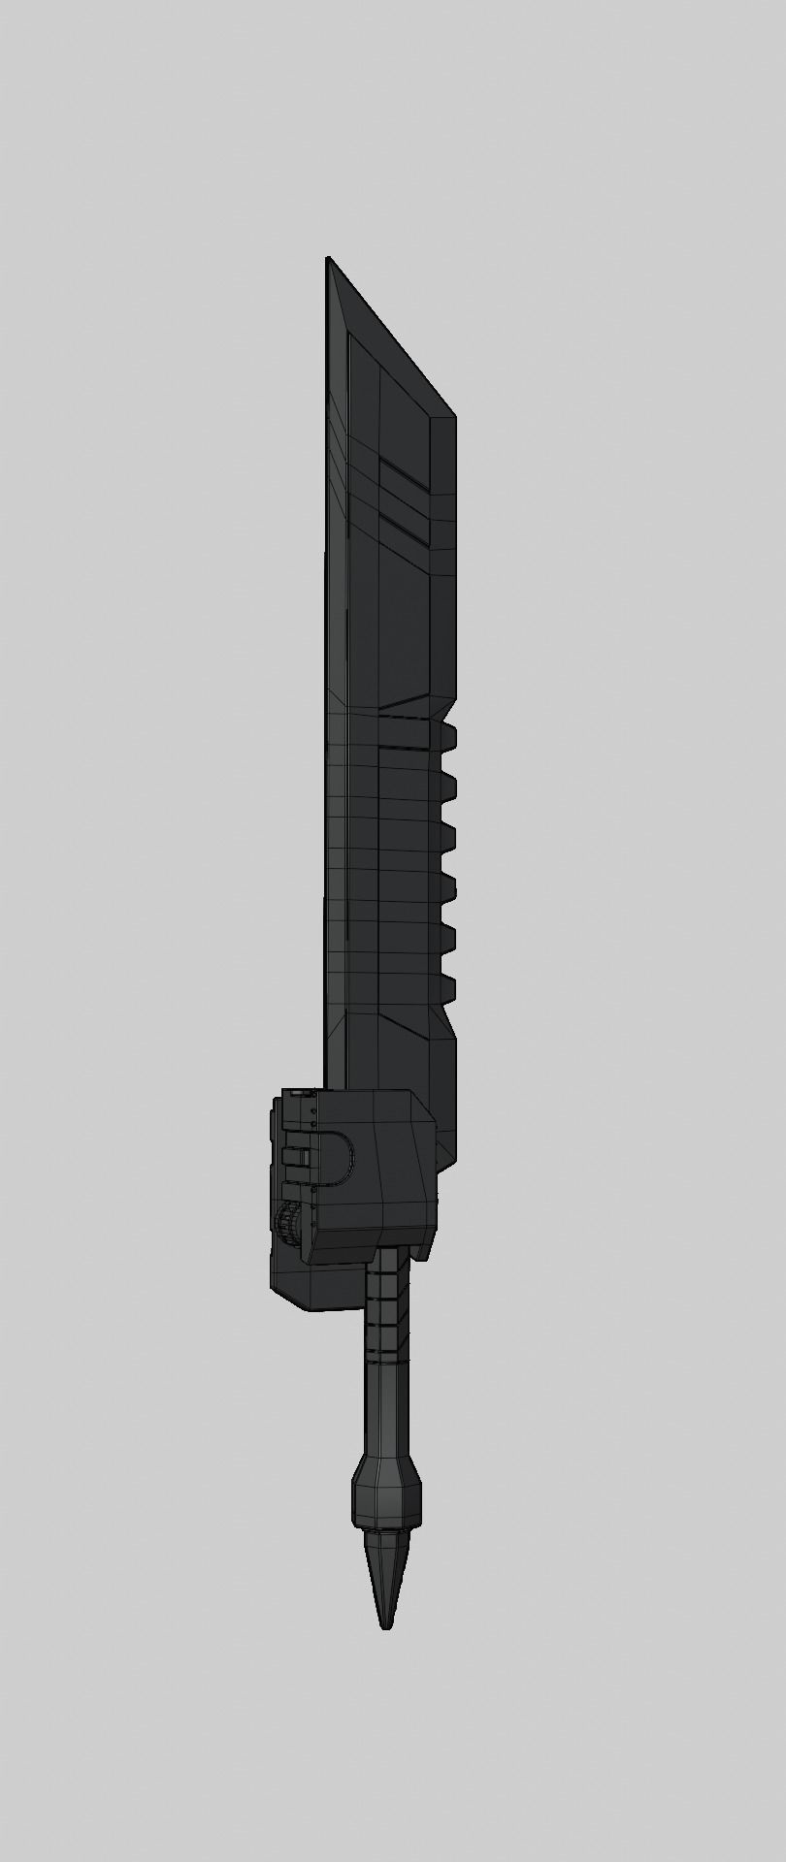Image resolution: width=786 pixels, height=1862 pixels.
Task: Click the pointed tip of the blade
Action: [328, 259]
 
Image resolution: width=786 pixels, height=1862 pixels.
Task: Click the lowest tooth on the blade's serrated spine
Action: [447, 987]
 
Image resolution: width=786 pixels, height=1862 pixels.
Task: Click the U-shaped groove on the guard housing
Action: [335, 1158]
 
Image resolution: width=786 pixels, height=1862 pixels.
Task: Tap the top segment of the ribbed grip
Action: [386, 1261]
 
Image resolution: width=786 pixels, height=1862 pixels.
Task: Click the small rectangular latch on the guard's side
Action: [295, 1156]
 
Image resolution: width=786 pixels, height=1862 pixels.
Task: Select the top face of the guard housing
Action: [359, 1094]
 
